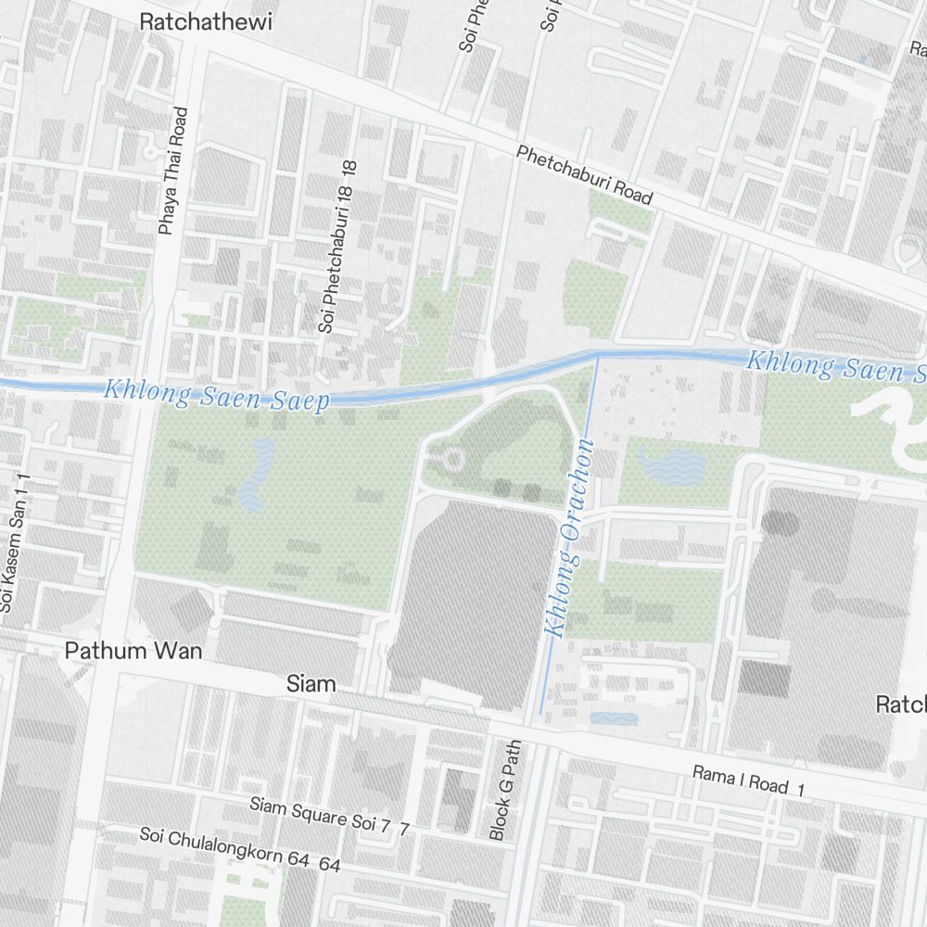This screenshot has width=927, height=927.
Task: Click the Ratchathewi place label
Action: pos(206,23)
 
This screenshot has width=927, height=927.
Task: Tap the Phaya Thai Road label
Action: pos(173,171)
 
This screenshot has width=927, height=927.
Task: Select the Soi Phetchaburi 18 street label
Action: pos(337,247)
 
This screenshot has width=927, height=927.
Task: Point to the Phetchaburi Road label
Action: pos(585,175)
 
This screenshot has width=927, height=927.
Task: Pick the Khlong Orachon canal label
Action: pos(569,539)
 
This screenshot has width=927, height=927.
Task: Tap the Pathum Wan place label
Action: pos(133,651)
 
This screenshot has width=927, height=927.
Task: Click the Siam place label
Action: pos(311,685)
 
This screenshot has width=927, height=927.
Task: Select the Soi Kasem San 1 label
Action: pos(17,543)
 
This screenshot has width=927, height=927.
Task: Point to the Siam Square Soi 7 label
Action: pos(329,816)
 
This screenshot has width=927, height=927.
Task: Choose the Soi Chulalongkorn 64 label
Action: pos(240,849)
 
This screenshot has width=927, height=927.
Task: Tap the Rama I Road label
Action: pos(749,781)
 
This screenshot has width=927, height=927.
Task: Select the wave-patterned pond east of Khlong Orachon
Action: pos(671,464)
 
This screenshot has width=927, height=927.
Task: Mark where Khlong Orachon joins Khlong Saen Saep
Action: pos(595,355)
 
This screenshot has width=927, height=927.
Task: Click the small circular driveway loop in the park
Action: pos(452,458)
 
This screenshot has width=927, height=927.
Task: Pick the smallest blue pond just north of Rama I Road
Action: pos(614,718)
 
